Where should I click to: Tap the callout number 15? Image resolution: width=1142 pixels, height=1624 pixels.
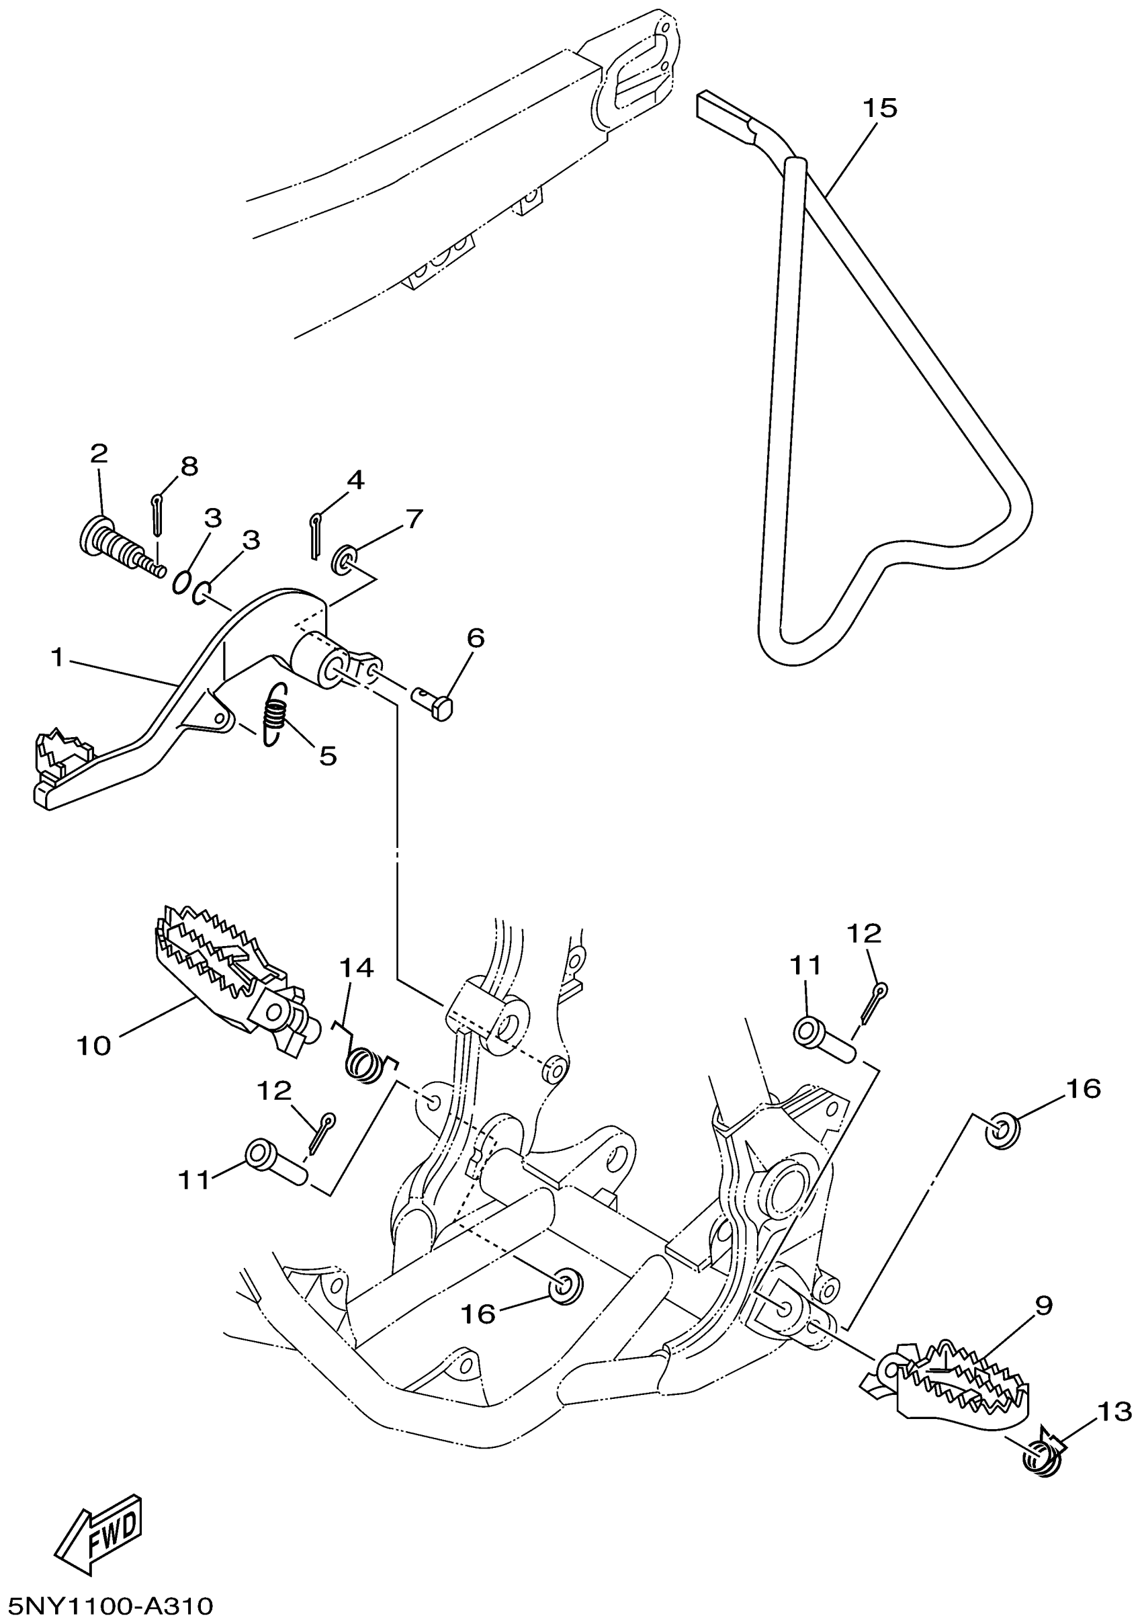point(879,108)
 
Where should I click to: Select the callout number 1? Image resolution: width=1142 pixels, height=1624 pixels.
point(57,657)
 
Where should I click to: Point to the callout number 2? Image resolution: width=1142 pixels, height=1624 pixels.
point(98,454)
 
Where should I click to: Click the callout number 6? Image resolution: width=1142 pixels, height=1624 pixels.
point(475,638)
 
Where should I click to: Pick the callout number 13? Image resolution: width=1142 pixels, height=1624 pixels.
point(1114,1412)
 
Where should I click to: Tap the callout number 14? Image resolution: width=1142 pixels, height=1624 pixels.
point(357,968)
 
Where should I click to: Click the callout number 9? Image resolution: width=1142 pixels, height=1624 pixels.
point(1044,1305)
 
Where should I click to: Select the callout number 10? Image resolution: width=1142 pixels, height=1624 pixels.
point(94,1046)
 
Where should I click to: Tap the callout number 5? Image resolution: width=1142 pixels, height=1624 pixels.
point(327,756)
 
